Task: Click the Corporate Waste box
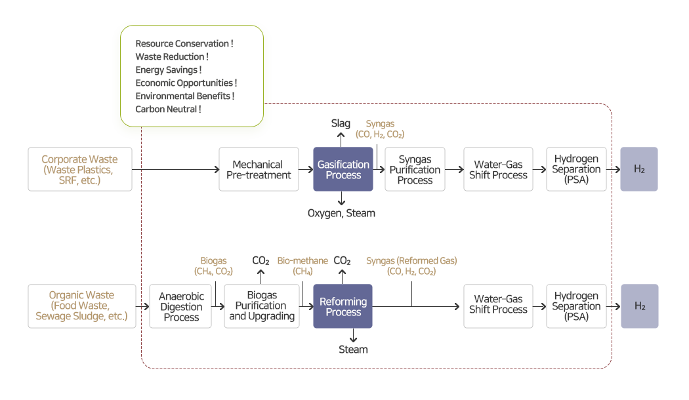(80, 169)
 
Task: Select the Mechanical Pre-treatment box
(258, 169)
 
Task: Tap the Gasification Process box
(343, 169)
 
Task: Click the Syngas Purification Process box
(415, 169)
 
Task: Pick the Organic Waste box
(81, 306)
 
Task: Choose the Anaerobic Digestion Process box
(181, 306)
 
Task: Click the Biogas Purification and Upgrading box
(262, 306)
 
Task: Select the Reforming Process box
(343, 306)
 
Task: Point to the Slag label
(341, 123)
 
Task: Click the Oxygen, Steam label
(341, 213)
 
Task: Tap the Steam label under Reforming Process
(353, 350)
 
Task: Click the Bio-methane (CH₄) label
(303, 266)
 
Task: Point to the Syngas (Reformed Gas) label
(411, 266)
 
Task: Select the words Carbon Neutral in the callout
(168, 109)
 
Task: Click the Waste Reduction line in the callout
(172, 56)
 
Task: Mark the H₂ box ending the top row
(639, 169)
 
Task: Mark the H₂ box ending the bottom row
(639, 306)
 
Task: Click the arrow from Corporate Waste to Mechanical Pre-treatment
(175, 169)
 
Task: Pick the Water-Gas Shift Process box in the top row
(498, 169)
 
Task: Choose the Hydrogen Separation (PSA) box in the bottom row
(576, 306)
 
